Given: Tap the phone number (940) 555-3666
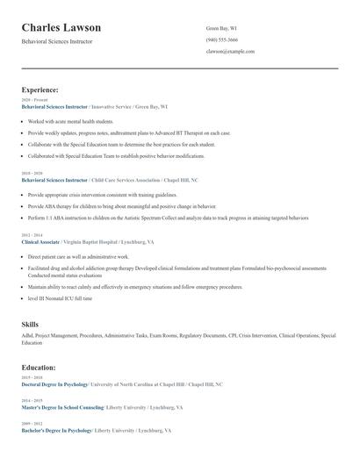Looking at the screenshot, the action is tap(221, 39).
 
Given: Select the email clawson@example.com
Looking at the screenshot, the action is tap(230, 51).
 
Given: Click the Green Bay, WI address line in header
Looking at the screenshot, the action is tap(221, 28).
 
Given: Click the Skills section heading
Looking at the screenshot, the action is tap(30, 325).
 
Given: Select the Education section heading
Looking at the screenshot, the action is tap(39, 368).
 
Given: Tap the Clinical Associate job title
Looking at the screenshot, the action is tap(41, 241).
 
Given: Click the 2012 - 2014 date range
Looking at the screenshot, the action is tap(31, 235).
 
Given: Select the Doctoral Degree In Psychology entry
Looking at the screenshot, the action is tap(55, 384).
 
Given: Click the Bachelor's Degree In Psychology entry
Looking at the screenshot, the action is tap(56, 431).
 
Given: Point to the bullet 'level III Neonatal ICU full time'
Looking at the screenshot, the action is tap(60, 298).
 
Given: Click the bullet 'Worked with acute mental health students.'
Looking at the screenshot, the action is tap(70, 121).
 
